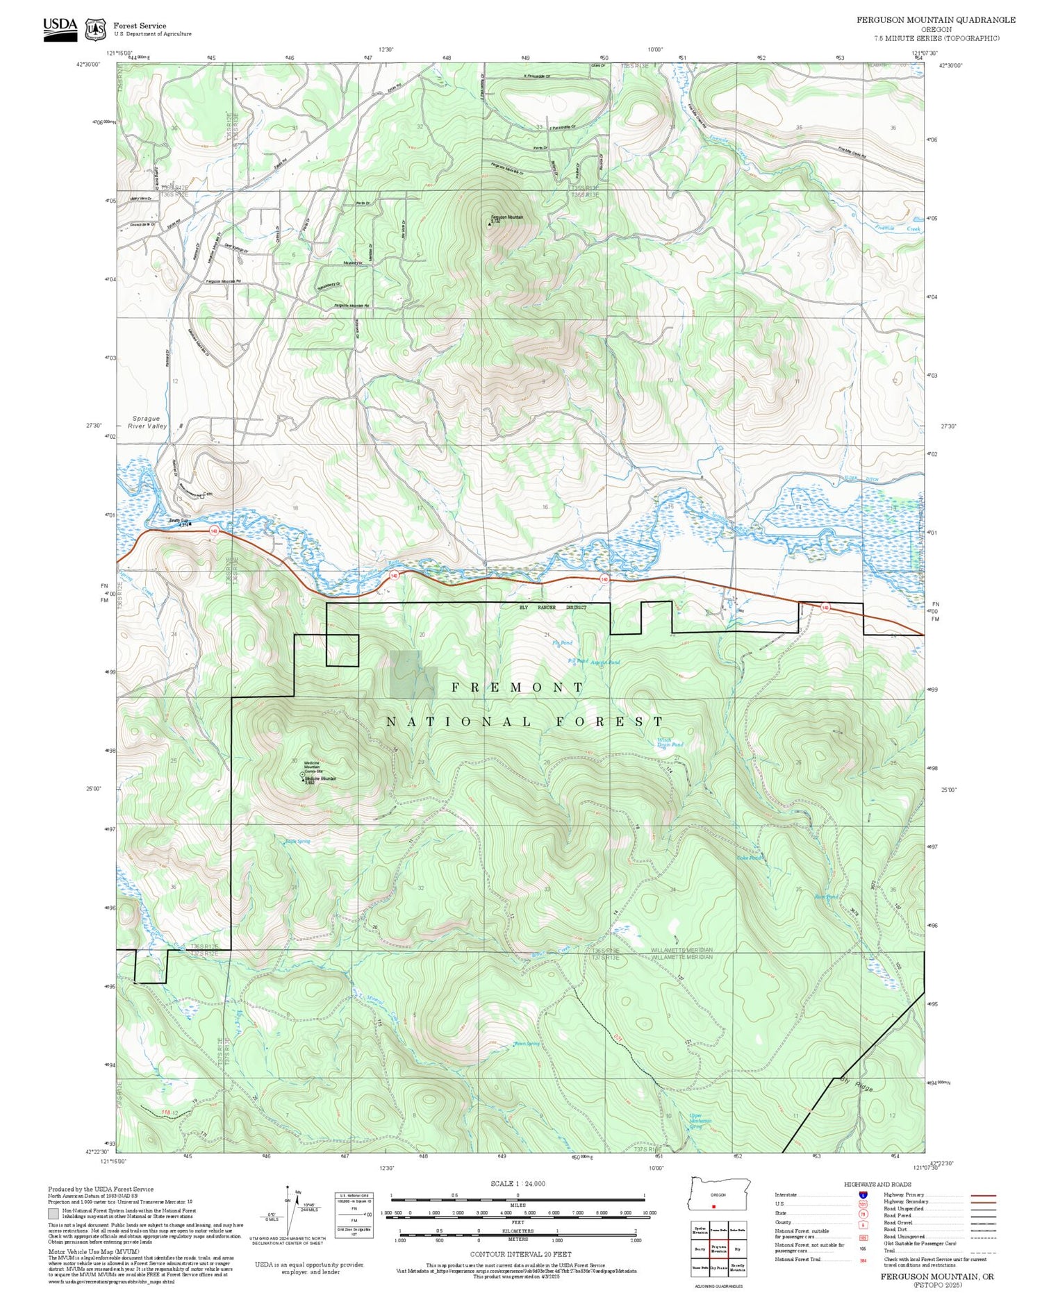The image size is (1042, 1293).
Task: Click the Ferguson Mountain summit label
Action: tap(506, 217)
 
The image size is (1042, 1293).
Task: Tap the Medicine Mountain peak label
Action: tap(320, 778)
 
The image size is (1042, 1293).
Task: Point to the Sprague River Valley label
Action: tap(147, 422)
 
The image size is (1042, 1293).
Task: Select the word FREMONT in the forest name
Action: tap(518, 687)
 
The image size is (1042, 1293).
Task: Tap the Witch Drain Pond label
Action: tap(670, 742)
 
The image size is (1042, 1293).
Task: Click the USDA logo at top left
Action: tap(60, 28)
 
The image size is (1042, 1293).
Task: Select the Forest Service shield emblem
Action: tap(95, 29)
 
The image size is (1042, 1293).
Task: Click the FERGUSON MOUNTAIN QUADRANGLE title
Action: tap(935, 19)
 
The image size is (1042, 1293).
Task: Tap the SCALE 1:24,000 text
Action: tap(518, 1184)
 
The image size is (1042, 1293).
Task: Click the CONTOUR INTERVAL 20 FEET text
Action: tap(520, 1254)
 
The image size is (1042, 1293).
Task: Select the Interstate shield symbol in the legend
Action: tap(863, 1194)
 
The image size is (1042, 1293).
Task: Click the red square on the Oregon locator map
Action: tap(713, 1206)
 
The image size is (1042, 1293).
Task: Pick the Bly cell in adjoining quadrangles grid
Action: tap(737, 1249)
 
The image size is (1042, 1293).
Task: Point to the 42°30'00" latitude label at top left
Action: tap(88, 64)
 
